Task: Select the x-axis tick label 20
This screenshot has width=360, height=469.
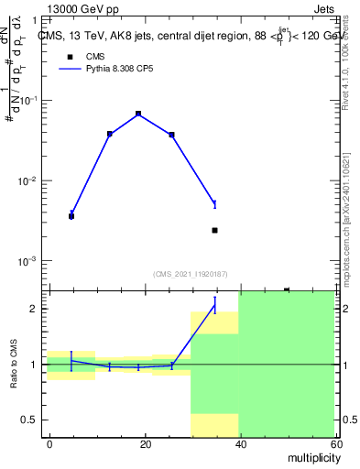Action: [145, 443]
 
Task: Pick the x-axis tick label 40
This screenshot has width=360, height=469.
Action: [240, 443]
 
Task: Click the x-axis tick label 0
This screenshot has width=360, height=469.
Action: [49, 443]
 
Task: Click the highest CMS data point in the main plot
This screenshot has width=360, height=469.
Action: [138, 114]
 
